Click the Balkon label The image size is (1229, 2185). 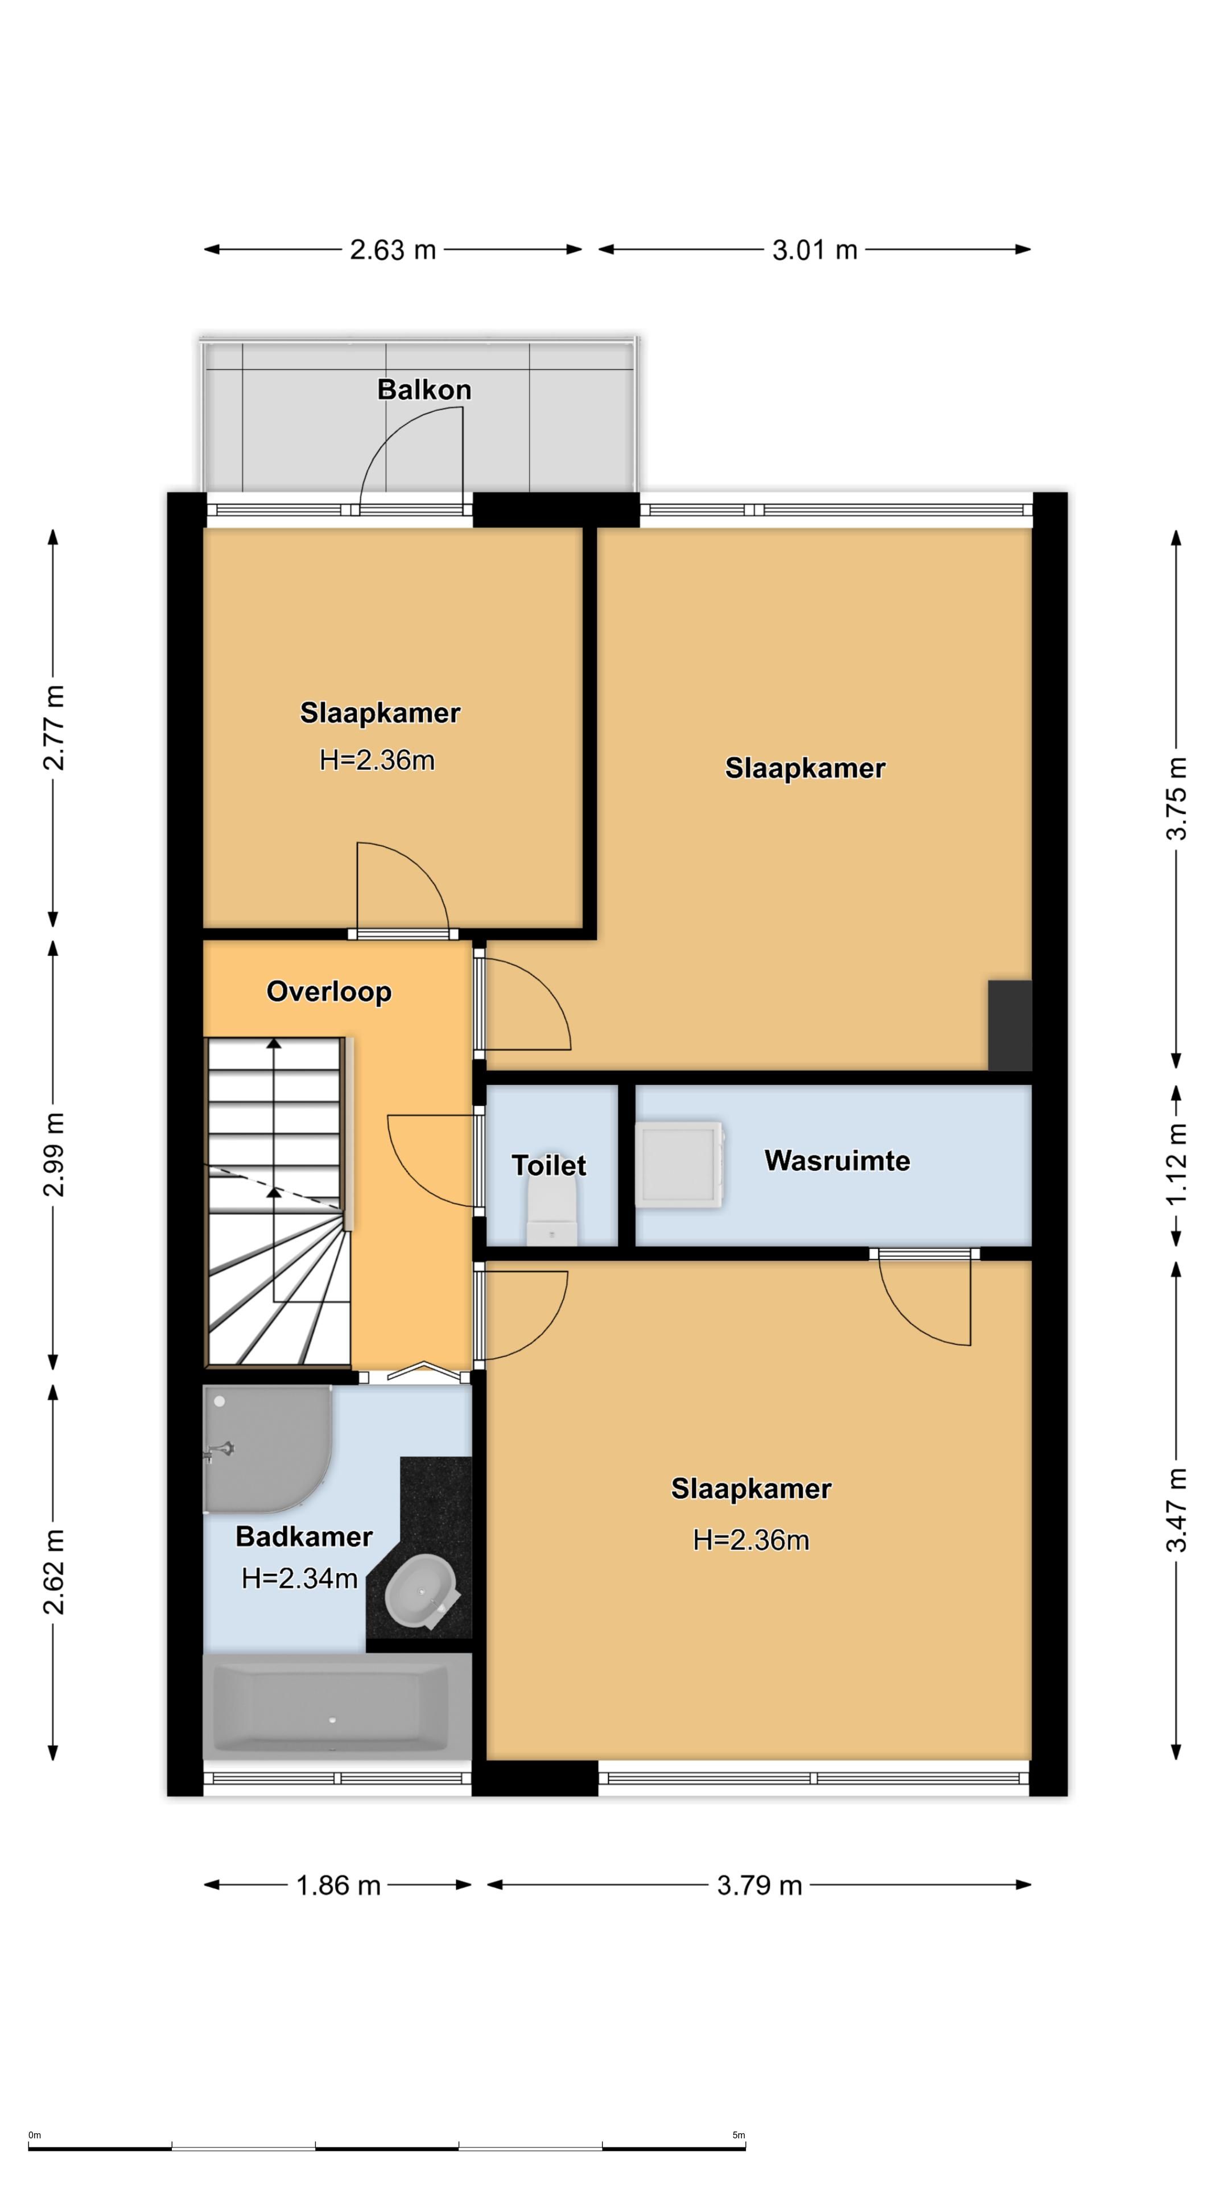coord(423,390)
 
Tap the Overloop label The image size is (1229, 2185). coord(329,992)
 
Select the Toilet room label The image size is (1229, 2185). coord(548,1165)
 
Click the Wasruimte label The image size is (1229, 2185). coord(837,1160)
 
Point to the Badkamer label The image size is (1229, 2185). coord(304,1536)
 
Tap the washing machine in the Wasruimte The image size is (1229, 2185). coord(681,1165)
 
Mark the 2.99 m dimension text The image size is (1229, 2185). coord(53,1153)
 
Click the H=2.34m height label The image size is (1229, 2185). coord(299,1578)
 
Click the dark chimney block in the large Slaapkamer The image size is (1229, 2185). coord(1009,1025)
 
